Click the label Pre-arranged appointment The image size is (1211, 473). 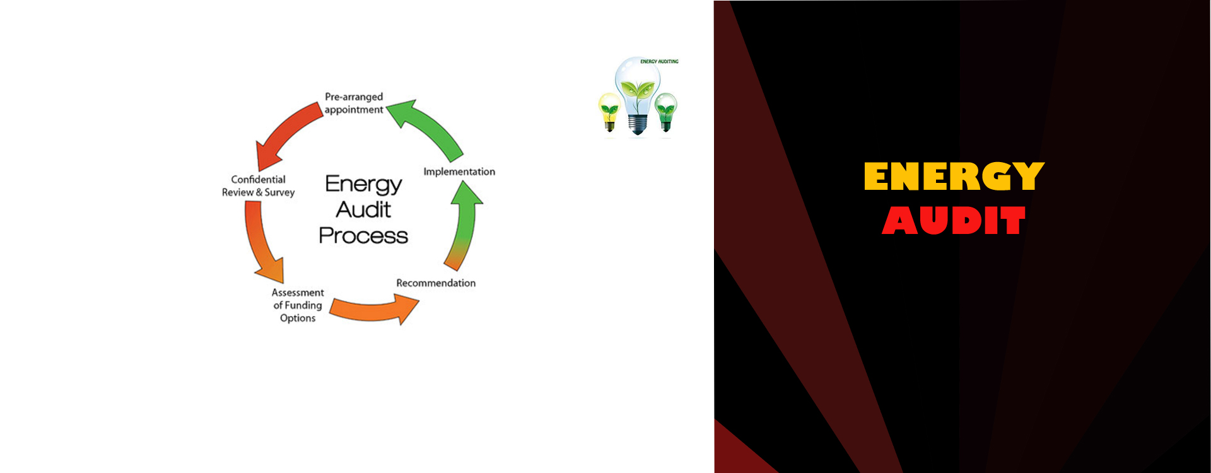pos(354,103)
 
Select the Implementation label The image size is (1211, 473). pos(459,172)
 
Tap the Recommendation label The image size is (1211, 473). pos(436,283)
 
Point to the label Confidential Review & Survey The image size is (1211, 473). pos(259,186)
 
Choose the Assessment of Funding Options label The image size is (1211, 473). pos(298,305)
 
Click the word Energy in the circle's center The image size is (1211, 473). pos(363,184)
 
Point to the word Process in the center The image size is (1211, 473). pos(363,236)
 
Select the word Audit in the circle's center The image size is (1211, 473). pos(363,209)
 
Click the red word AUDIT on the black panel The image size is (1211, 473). pos(954,221)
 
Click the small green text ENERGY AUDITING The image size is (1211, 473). pos(659,62)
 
